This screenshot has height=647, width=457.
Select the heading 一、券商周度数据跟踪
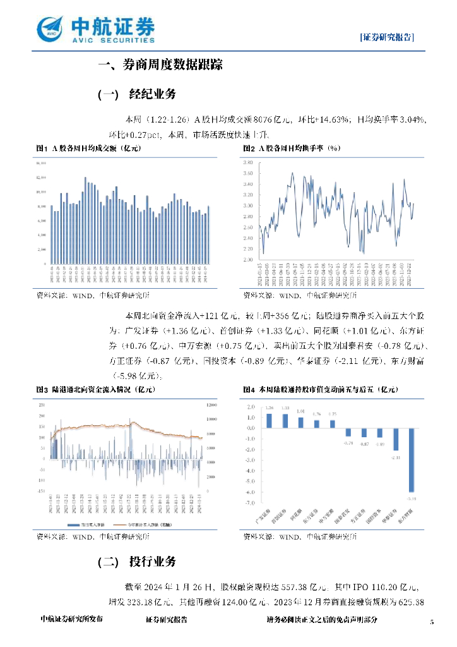pyautogui.click(x=161, y=65)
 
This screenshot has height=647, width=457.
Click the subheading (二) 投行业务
pyautogui.click(x=137, y=562)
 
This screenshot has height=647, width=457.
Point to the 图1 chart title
pyautogui.click(x=89, y=148)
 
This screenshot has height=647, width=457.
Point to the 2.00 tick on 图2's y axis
pyautogui.click(x=247, y=260)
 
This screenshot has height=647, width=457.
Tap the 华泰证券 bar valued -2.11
pyautogui.click(x=396, y=438)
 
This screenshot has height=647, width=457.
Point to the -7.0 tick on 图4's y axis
pyautogui.click(x=251, y=503)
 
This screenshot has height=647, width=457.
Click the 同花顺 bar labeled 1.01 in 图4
pyautogui.click(x=300, y=422)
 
